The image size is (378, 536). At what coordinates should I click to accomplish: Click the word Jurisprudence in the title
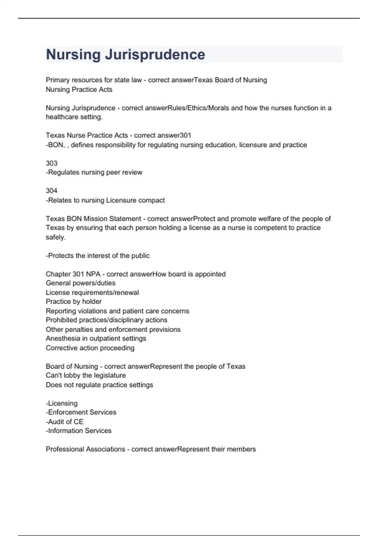coord(155,55)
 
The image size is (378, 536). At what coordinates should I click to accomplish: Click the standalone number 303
coord(52,163)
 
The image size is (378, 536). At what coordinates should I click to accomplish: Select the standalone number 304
coord(52,191)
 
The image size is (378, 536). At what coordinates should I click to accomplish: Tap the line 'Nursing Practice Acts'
coord(79,90)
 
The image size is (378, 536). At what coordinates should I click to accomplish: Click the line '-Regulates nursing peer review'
coord(94,172)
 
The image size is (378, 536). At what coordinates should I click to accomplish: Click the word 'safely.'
coord(56,237)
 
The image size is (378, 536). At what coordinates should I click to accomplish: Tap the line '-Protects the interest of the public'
coord(98,256)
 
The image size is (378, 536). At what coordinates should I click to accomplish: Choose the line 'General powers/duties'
coord(81,283)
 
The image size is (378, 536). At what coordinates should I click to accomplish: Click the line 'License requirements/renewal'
coord(92,293)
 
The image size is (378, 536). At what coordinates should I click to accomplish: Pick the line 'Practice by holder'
coord(74,302)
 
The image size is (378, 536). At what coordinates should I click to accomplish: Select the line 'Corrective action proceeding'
coord(90,348)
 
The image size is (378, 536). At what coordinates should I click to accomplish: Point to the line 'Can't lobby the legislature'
coord(86,376)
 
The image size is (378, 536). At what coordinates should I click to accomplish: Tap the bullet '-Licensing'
coord(62,403)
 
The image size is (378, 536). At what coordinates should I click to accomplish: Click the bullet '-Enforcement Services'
coord(81,412)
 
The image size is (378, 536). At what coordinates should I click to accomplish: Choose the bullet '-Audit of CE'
coord(65,422)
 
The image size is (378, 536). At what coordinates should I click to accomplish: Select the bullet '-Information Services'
coord(79,431)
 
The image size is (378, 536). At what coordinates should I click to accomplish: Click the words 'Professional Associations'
coord(85,449)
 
